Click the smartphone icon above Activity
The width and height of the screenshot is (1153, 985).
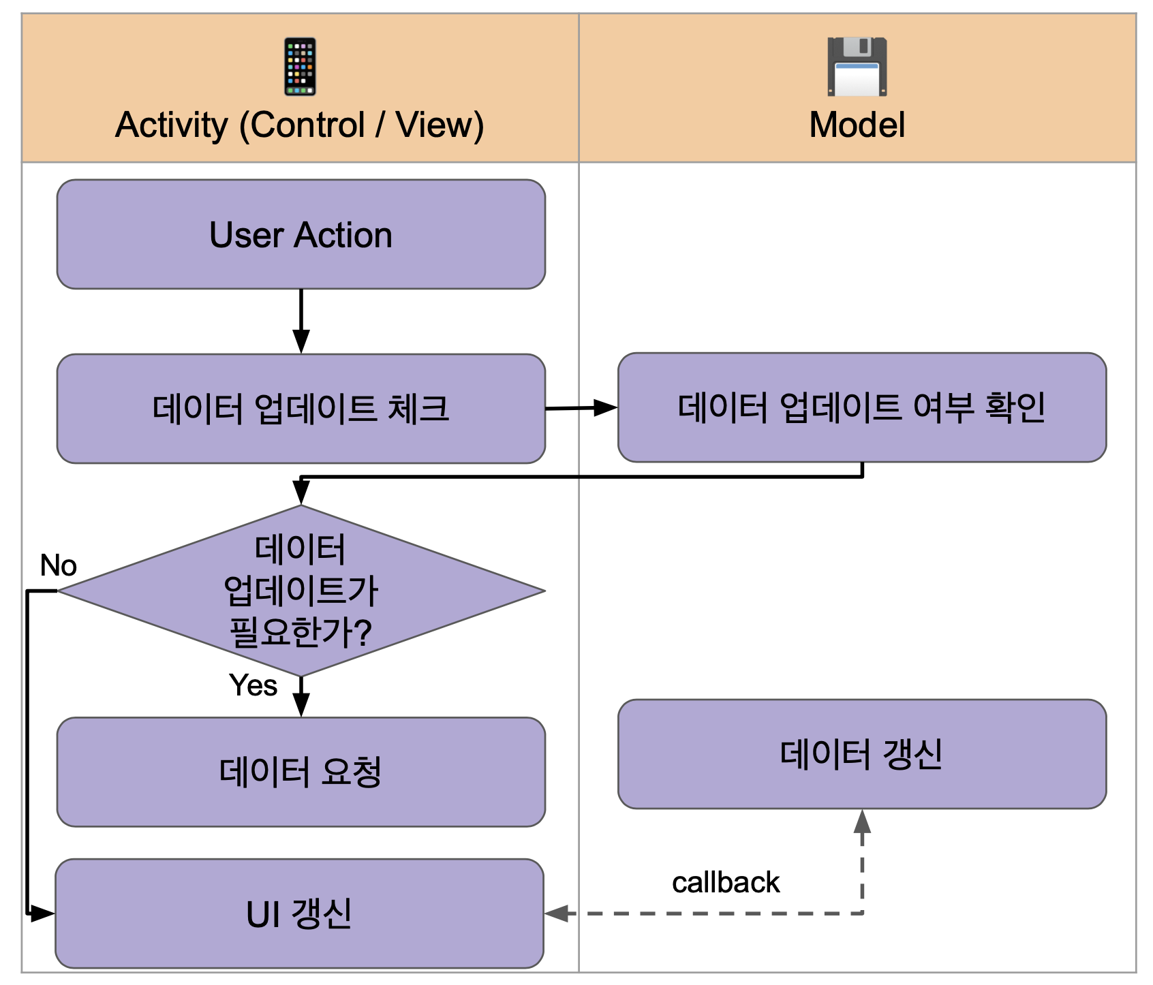(x=300, y=67)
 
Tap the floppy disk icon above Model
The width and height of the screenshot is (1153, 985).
(x=857, y=67)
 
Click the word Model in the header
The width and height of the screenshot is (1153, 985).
(x=857, y=125)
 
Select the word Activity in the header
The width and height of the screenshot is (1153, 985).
(x=172, y=125)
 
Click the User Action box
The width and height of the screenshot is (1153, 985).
(x=301, y=234)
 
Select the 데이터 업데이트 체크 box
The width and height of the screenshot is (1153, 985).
(x=301, y=409)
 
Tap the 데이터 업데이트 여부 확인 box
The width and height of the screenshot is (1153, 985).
(x=861, y=407)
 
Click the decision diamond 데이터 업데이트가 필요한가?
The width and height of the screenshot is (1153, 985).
(x=301, y=591)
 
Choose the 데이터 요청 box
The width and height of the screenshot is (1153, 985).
(x=301, y=772)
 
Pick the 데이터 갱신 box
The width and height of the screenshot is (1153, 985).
(x=861, y=754)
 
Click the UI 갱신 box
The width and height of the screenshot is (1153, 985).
(x=299, y=913)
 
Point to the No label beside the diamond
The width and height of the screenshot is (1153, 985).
(x=58, y=565)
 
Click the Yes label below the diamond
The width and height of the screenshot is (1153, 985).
(x=253, y=685)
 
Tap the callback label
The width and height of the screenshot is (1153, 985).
(x=725, y=883)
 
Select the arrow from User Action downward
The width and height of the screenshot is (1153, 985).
(x=301, y=320)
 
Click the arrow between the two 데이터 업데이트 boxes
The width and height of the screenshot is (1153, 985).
(x=581, y=408)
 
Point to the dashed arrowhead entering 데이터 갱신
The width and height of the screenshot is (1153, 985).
(x=862, y=821)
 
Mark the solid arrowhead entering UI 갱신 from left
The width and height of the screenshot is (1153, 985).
(x=43, y=913)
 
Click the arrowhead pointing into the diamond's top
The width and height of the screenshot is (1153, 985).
(x=301, y=492)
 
